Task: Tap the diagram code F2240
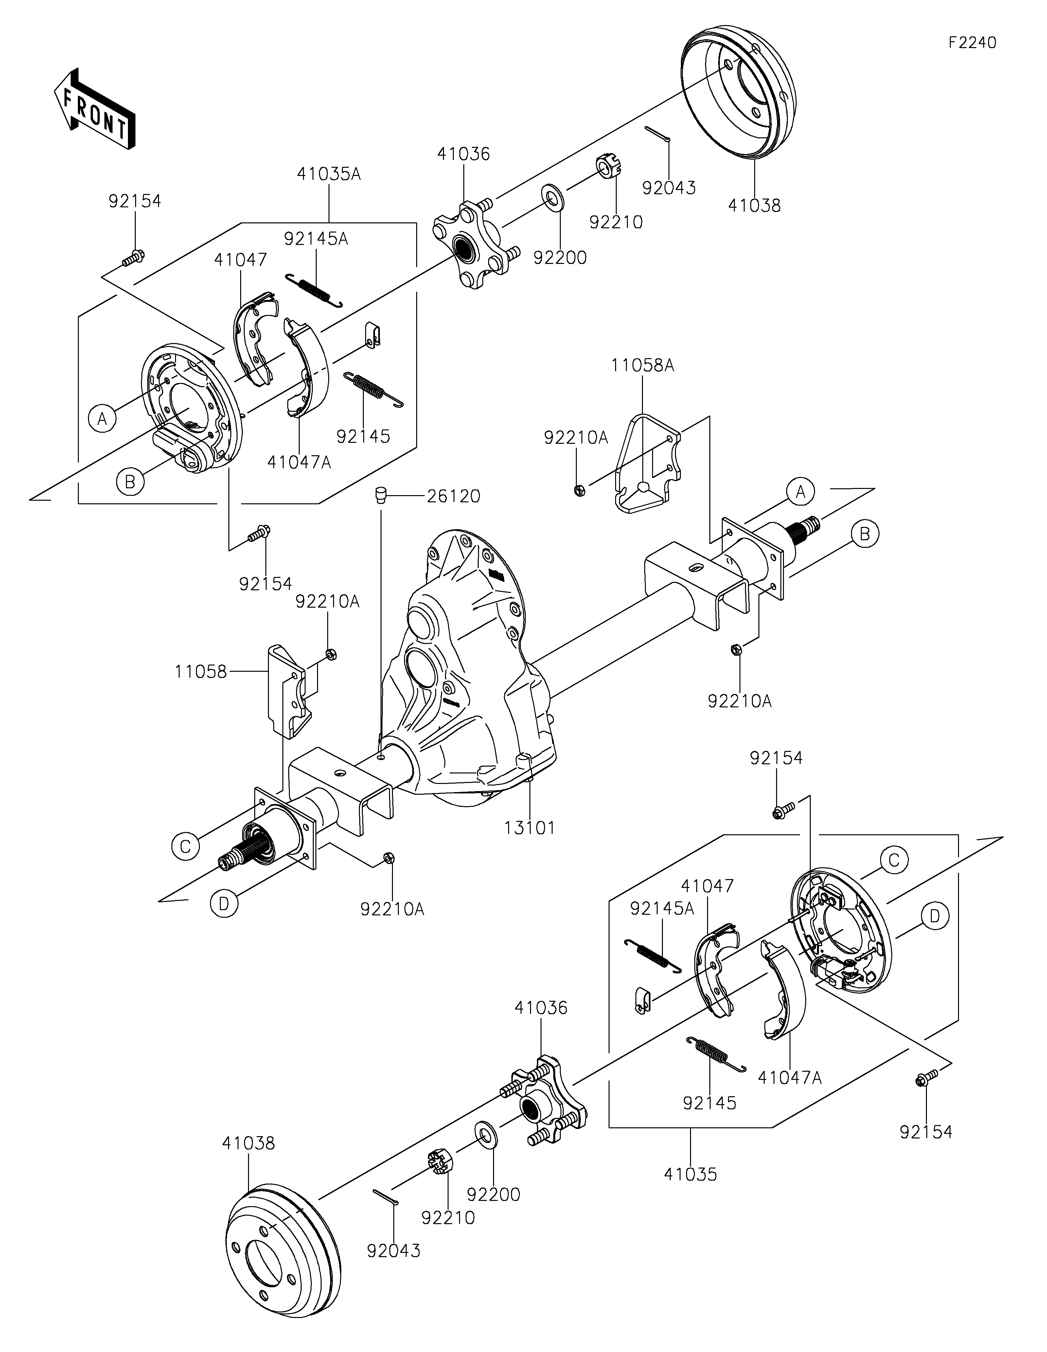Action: (972, 43)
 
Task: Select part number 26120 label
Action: (453, 496)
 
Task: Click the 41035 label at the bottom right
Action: (691, 1174)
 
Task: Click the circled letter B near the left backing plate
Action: (130, 482)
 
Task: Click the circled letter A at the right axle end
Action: (801, 492)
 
